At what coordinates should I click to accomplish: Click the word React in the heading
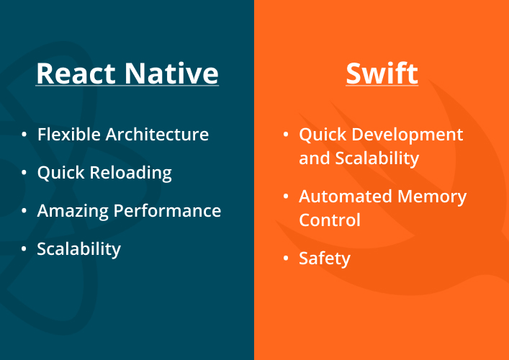tap(76, 73)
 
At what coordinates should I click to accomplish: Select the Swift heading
tap(382, 73)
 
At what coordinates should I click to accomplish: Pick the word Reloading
tap(130, 173)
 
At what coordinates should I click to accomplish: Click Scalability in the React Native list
tap(79, 249)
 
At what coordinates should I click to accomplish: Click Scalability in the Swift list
tap(377, 158)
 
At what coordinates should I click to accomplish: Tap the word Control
tap(330, 220)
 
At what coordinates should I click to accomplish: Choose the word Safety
tap(325, 258)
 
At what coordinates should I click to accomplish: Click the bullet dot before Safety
tap(285, 257)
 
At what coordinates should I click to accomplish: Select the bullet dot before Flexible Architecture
tap(24, 134)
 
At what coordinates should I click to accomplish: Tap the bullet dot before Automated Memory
tap(285, 195)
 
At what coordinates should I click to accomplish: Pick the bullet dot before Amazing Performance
tap(24, 210)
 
